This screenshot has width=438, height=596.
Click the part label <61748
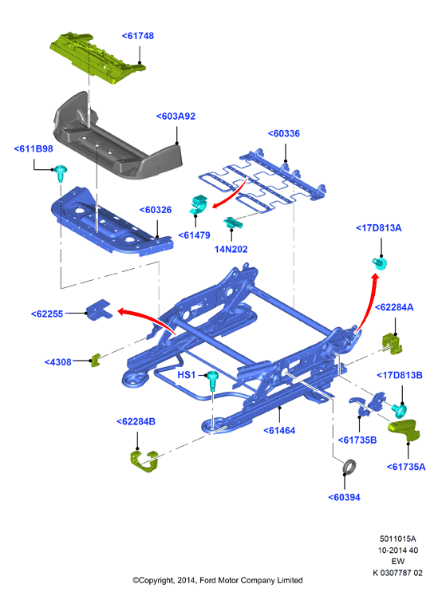pyautogui.click(x=138, y=36)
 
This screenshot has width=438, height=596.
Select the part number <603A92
pyautogui.click(x=176, y=116)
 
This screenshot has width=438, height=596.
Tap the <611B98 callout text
pyautogui.click(x=34, y=148)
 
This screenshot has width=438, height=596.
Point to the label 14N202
pyautogui.click(x=231, y=249)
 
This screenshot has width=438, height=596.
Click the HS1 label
pyautogui.click(x=187, y=375)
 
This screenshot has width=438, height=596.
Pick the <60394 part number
pyautogui.click(x=344, y=497)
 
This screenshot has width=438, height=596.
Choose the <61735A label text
pyautogui.click(x=406, y=467)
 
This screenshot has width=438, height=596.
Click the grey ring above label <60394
pyautogui.click(x=349, y=467)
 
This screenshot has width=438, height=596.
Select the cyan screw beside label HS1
pyautogui.click(x=212, y=381)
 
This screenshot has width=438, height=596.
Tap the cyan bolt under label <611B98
pyautogui.click(x=61, y=173)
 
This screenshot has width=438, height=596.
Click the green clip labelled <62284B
pyautogui.click(x=144, y=461)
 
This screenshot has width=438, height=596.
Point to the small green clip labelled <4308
pyautogui.click(x=96, y=360)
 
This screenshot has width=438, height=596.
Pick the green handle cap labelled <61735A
pyautogui.click(x=404, y=430)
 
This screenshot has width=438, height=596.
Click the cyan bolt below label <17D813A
pyautogui.click(x=380, y=262)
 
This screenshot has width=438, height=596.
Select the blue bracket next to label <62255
pyautogui.click(x=99, y=310)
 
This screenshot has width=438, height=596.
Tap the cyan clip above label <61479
pyautogui.click(x=198, y=204)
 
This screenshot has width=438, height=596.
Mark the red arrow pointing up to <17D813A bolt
pyautogui.click(x=368, y=301)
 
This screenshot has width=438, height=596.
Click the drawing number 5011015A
pyautogui.click(x=397, y=539)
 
